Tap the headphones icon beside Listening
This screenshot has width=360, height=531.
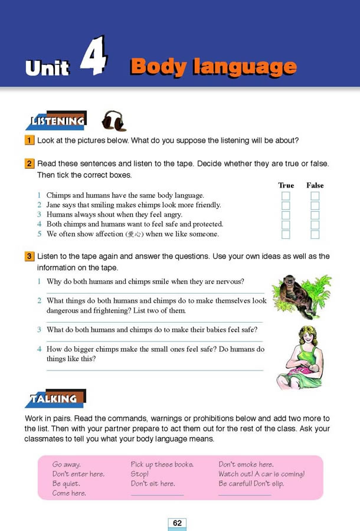point(113,121)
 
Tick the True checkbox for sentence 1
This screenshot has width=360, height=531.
point(286,196)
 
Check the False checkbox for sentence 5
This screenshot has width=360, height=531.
point(315,234)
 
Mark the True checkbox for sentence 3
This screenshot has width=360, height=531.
point(286,215)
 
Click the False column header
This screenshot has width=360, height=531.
point(315,185)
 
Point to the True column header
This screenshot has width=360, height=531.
point(286,185)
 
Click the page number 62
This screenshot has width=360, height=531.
point(177,523)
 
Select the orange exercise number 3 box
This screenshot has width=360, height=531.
point(29,256)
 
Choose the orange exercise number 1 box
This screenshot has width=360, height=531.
point(29,140)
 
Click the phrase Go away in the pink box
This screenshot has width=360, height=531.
point(66,464)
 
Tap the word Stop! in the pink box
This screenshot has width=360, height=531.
point(139,474)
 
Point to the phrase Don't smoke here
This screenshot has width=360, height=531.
point(246,464)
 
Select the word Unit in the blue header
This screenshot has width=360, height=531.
point(47,68)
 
